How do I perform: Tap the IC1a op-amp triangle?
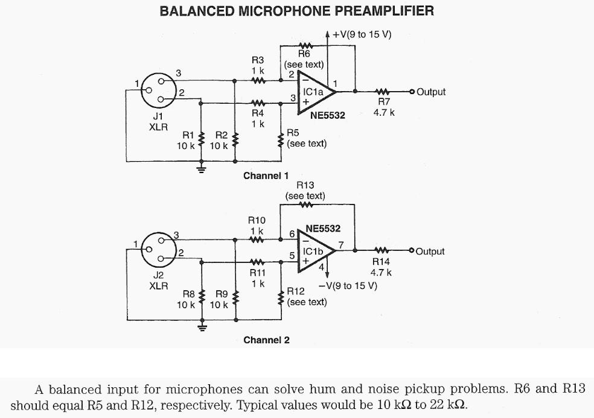pos(315,92)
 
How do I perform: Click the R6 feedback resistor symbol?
pos(304,45)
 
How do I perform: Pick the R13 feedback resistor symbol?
pos(305,205)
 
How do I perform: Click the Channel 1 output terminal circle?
pos(412,92)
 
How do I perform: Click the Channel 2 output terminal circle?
pos(412,251)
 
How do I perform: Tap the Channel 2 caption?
pos(266,340)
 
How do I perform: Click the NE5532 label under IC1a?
pos(327,115)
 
